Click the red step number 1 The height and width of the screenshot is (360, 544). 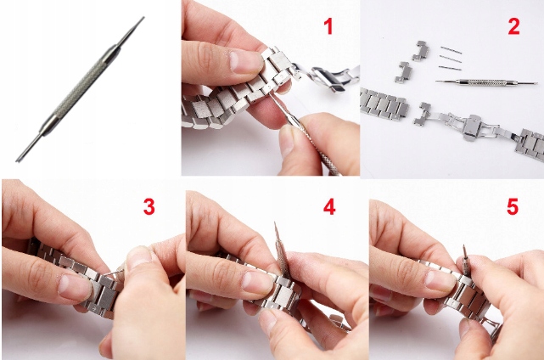[328, 26]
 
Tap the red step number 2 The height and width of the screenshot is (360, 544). [513, 26]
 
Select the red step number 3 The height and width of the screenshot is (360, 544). [149, 207]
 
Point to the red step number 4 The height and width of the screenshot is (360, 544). [329, 207]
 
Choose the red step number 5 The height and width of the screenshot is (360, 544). [513, 207]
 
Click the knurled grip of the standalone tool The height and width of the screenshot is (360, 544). [81, 89]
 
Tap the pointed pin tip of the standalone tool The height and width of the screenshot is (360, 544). [143, 17]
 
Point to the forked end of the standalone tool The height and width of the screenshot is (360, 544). [17, 160]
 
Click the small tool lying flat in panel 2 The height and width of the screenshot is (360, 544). [486, 82]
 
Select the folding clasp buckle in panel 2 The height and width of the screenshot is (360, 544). [472, 127]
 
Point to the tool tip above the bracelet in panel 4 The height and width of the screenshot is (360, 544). [275, 223]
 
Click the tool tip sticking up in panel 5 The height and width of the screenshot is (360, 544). [464, 247]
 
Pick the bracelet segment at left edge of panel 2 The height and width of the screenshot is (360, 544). [384, 103]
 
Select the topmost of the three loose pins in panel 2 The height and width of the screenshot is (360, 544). [451, 50]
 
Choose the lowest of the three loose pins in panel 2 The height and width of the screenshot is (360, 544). [450, 68]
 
